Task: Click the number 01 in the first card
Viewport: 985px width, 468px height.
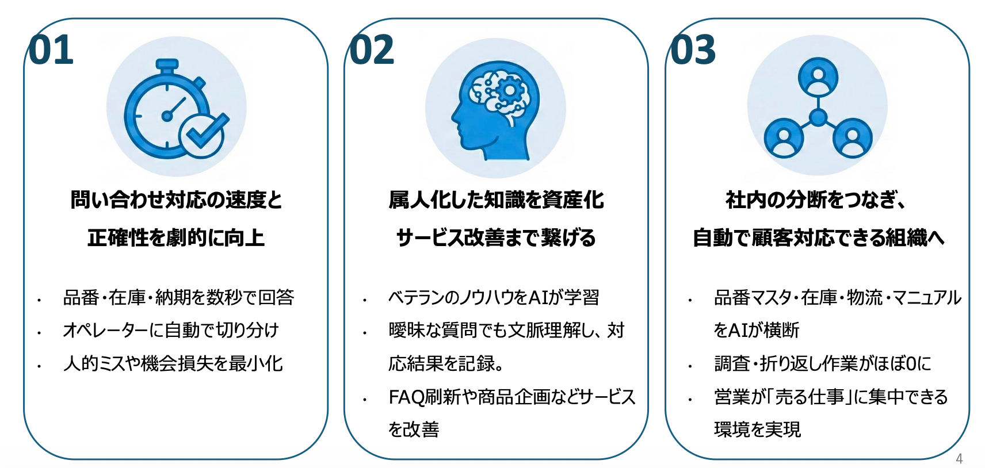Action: [51, 50]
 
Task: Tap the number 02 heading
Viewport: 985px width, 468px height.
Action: [372, 50]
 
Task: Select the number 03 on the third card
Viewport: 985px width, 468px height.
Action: [693, 50]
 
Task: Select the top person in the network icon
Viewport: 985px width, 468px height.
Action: [818, 77]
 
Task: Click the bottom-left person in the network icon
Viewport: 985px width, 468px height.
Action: [784, 139]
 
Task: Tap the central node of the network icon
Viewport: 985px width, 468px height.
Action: [818, 118]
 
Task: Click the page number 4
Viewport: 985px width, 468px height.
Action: [959, 458]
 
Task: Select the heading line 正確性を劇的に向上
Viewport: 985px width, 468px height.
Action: [176, 237]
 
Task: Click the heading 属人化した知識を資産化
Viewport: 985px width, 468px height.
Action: [496, 200]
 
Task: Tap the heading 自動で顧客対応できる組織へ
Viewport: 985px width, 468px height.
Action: [818, 237]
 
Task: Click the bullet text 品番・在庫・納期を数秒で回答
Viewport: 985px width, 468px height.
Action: [178, 297]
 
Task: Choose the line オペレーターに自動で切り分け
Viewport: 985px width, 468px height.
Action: [171, 330]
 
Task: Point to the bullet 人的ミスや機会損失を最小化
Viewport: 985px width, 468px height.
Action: [173, 363]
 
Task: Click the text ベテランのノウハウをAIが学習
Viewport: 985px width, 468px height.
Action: [494, 297]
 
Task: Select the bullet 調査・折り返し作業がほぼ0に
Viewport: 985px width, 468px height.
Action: [822, 363]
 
